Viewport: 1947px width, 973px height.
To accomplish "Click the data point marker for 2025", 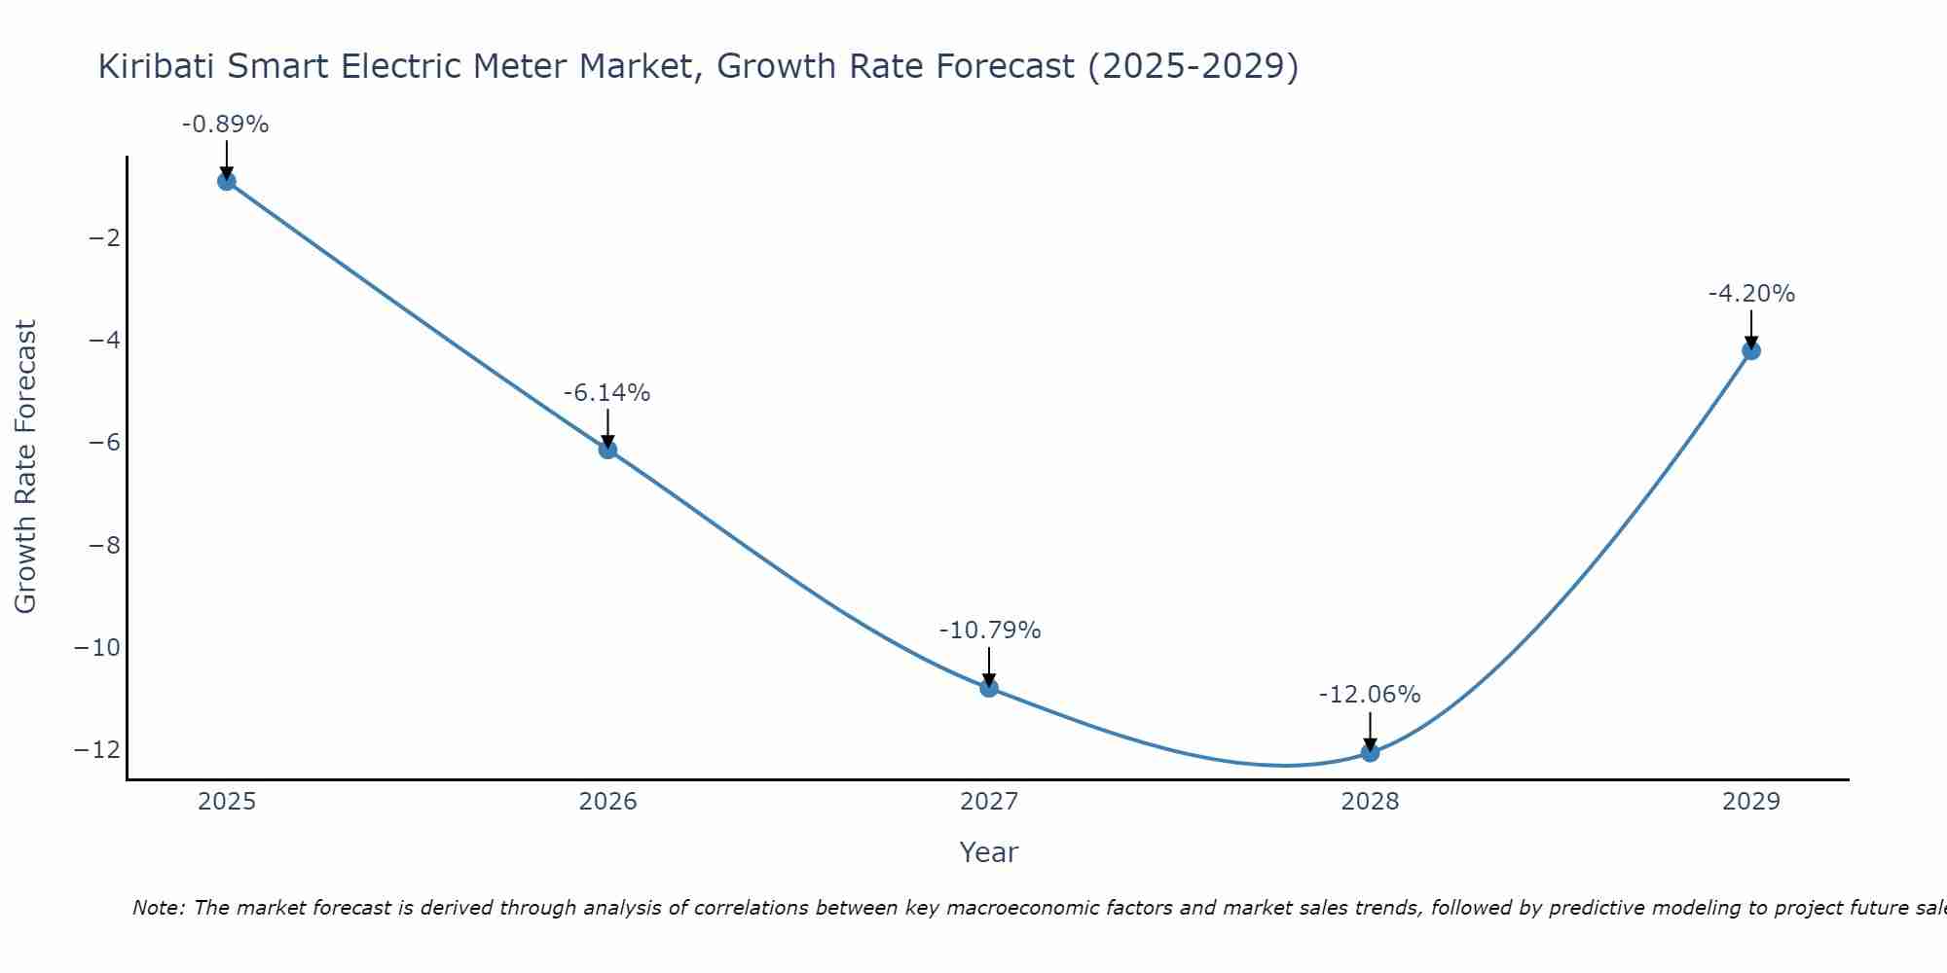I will click(227, 181).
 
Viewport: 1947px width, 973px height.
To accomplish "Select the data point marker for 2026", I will click(607, 450).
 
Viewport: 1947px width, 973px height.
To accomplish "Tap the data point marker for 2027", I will click(989, 688).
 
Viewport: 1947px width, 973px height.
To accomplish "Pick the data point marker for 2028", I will click(1370, 752).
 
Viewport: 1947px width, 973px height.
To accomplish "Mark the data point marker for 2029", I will click(1751, 350).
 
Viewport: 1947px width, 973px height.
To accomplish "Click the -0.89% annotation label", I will click(225, 125).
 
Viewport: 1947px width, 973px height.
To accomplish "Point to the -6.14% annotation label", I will click(606, 393).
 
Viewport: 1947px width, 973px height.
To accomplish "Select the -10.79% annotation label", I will click(989, 631).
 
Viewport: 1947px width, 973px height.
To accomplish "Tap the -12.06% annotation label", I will click(1369, 695).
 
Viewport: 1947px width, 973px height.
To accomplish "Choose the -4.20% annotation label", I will click(1751, 294).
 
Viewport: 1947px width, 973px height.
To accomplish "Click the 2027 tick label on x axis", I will click(989, 802).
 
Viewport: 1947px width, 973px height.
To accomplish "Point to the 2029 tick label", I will click(1751, 802).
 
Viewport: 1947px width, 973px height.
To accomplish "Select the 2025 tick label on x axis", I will click(227, 802).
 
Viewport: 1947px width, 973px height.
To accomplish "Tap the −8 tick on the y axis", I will click(104, 545).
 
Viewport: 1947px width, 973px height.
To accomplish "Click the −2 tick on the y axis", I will click(104, 238).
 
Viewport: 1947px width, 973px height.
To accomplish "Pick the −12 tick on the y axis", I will click(97, 750).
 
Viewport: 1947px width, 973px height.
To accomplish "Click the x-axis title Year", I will click(989, 852).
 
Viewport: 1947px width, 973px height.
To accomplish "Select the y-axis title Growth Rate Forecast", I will click(25, 467).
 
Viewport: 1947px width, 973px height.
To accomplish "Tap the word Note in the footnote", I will click(156, 908).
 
